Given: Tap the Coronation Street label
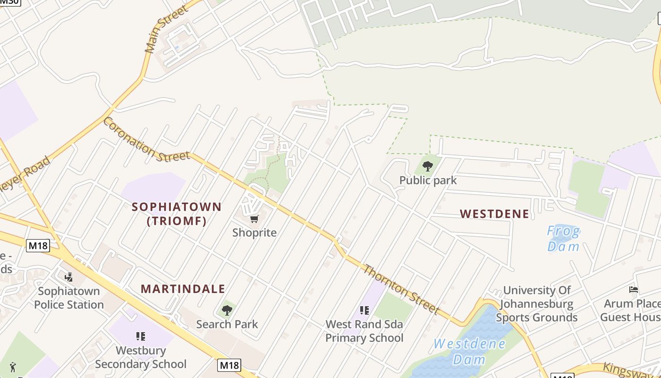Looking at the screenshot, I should pyautogui.click(x=146, y=140).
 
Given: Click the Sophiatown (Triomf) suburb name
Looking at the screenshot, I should pyautogui.click(x=177, y=214).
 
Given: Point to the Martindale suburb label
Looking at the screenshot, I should pyautogui.click(x=183, y=289).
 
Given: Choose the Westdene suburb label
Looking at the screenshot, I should pyautogui.click(x=495, y=214).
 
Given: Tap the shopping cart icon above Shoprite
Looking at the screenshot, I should pyautogui.click(x=254, y=219).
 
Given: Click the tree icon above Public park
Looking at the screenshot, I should pyautogui.click(x=428, y=166).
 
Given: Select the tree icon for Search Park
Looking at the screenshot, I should pyautogui.click(x=227, y=310).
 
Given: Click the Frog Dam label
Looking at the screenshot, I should pyautogui.click(x=563, y=239).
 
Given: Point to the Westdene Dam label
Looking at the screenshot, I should pyautogui.click(x=469, y=351).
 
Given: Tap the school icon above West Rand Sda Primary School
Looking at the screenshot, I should pyautogui.click(x=364, y=310).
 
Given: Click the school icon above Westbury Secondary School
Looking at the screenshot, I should pyautogui.click(x=140, y=336).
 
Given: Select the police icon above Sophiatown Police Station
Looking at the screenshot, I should pyautogui.click(x=69, y=277).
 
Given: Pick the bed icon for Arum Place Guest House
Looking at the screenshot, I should pyautogui.click(x=634, y=289).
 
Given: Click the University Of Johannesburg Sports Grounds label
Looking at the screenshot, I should pyautogui.click(x=536, y=304).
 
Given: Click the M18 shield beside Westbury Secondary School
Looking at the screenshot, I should pyautogui.click(x=229, y=365).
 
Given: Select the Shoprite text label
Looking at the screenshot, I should pyautogui.click(x=254, y=232).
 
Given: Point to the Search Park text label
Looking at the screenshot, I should pyautogui.click(x=227, y=324).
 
